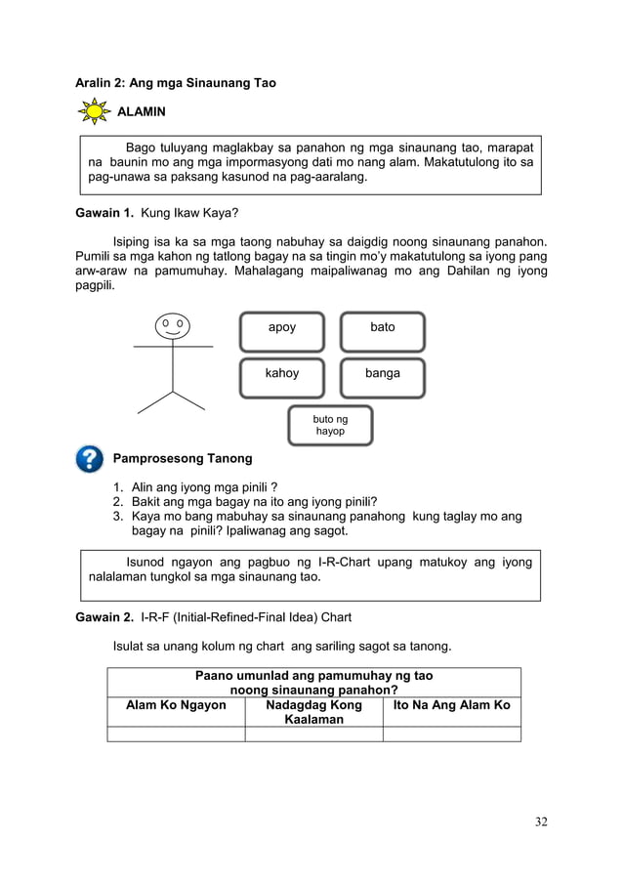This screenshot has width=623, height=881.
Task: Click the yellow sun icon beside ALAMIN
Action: (x=95, y=112)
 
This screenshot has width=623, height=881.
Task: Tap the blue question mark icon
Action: (x=89, y=458)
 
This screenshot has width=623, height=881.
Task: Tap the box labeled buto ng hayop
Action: (x=330, y=425)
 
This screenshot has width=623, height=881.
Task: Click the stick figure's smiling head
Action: (x=173, y=325)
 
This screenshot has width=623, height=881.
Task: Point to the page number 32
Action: (x=540, y=821)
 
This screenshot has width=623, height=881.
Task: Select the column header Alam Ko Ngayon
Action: (x=176, y=705)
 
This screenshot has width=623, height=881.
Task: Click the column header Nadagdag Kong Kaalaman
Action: (x=313, y=712)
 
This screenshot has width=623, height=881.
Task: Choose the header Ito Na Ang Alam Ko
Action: (x=451, y=705)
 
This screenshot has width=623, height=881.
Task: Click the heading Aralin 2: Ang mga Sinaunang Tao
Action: (x=176, y=83)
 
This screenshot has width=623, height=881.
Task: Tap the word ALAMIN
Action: (x=142, y=112)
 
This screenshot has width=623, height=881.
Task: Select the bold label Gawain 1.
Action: (x=105, y=211)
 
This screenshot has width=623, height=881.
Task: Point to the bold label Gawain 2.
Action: (x=105, y=617)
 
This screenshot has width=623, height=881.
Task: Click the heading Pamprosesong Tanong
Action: (x=183, y=458)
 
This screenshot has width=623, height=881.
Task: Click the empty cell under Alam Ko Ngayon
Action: (x=176, y=734)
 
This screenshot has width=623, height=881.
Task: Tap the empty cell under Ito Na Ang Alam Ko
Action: (x=451, y=734)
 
